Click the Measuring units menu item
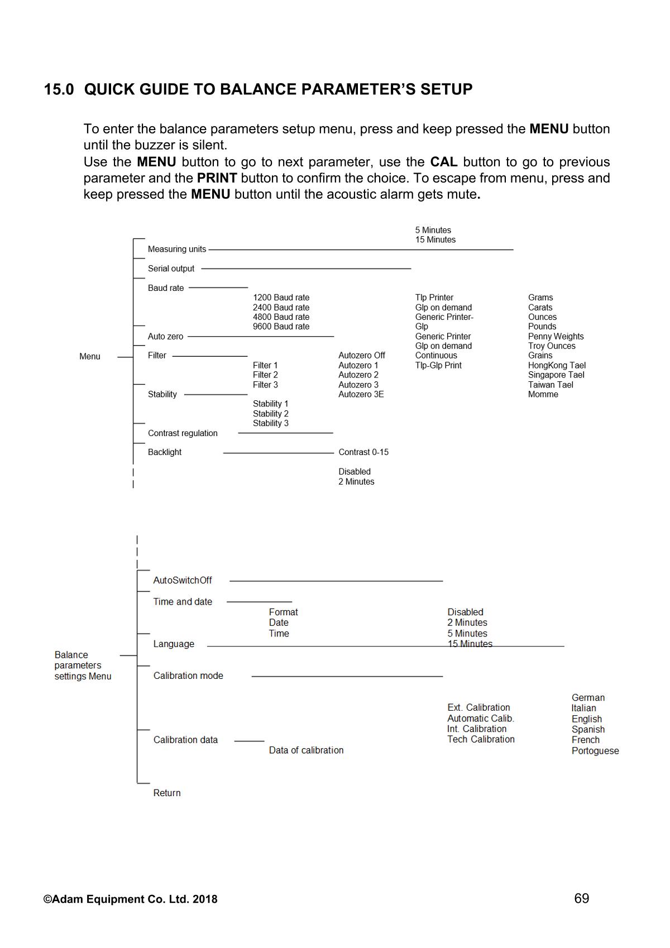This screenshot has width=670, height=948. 176,249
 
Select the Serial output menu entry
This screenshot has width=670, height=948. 171,269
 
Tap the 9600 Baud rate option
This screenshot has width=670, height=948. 281,327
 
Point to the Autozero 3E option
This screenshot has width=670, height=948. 361,394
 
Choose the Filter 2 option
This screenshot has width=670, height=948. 265,375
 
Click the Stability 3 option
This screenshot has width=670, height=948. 270,423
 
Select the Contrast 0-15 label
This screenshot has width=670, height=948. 363,452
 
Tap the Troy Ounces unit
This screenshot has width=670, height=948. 551,346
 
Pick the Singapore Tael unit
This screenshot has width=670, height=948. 556,375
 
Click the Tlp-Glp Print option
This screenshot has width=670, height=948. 438,366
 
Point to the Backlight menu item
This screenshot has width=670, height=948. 165,452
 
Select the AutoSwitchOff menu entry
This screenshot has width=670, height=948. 183,581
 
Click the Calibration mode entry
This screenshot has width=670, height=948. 188,676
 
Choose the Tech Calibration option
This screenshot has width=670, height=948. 481,739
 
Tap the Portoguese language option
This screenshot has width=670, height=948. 595,751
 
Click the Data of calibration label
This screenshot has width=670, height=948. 306,750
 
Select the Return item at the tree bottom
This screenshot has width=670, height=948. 167,793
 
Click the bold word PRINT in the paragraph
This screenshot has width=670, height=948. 217,178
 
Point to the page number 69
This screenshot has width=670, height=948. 581,898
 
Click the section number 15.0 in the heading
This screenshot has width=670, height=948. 59,89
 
